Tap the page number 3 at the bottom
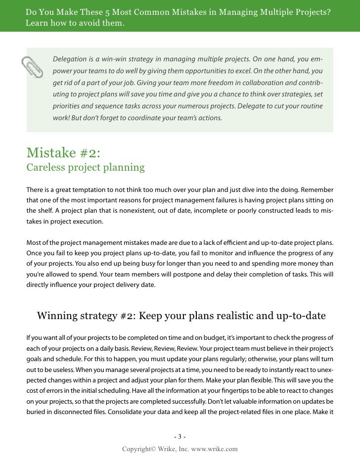[180, 436]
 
